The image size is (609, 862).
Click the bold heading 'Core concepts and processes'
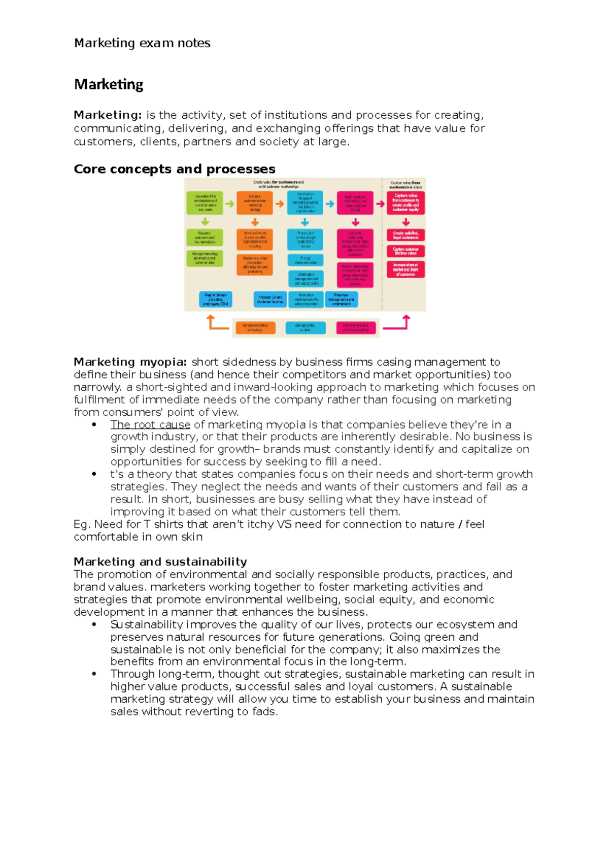[174, 169]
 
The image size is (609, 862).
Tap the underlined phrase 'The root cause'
[150, 424]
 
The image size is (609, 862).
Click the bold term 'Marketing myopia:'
[130, 362]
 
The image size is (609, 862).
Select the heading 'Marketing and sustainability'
[160, 561]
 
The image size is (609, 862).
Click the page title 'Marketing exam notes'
[142, 43]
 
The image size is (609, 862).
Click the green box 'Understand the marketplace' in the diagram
[205, 203]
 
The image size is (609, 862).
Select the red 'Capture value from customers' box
[405, 203]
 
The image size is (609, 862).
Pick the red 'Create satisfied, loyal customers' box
[405, 235]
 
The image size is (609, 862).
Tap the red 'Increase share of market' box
[405, 270]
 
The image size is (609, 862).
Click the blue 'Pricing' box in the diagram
[305, 260]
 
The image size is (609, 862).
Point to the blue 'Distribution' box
[305, 279]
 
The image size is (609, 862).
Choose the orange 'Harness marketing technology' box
[255, 327]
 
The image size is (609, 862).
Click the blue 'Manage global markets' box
[305, 327]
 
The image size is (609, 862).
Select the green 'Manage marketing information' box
[205, 258]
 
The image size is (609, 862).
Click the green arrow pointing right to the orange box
[230, 204]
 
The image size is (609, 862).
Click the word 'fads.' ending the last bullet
[265, 712]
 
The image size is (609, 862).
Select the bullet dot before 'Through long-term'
[94, 674]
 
